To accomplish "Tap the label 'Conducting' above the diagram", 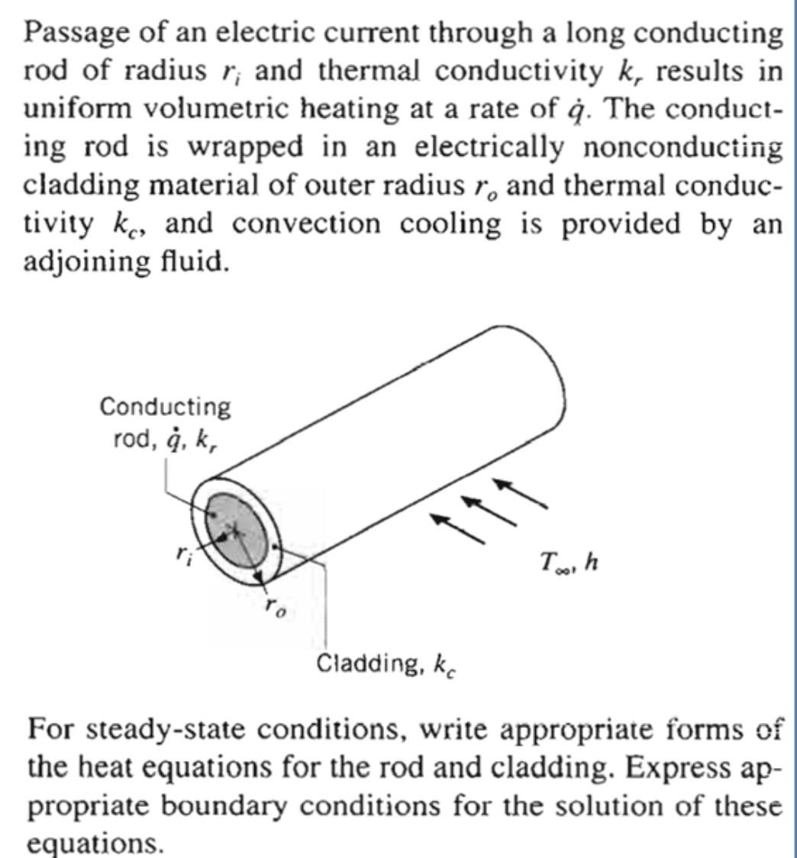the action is tap(165, 407).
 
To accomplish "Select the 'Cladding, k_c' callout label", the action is tap(386, 664).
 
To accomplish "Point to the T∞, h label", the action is tap(569, 563).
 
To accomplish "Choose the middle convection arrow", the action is tap(488, 510).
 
